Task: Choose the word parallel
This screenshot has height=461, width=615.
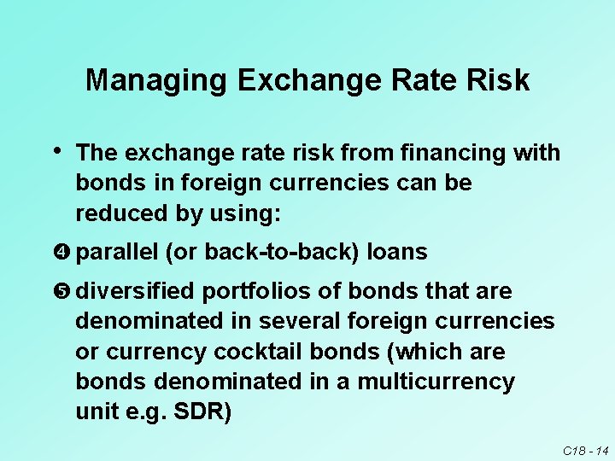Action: (117, 253)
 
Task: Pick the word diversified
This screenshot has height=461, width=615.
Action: (135, 292)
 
